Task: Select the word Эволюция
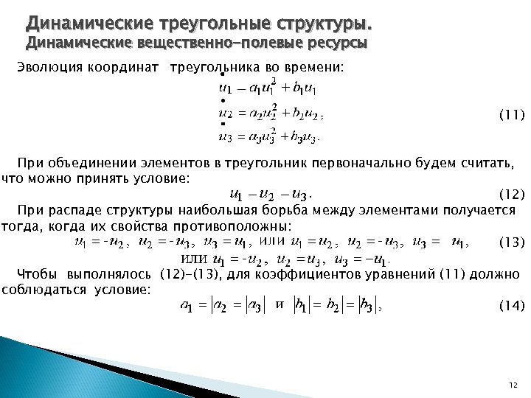click(48, 69)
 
